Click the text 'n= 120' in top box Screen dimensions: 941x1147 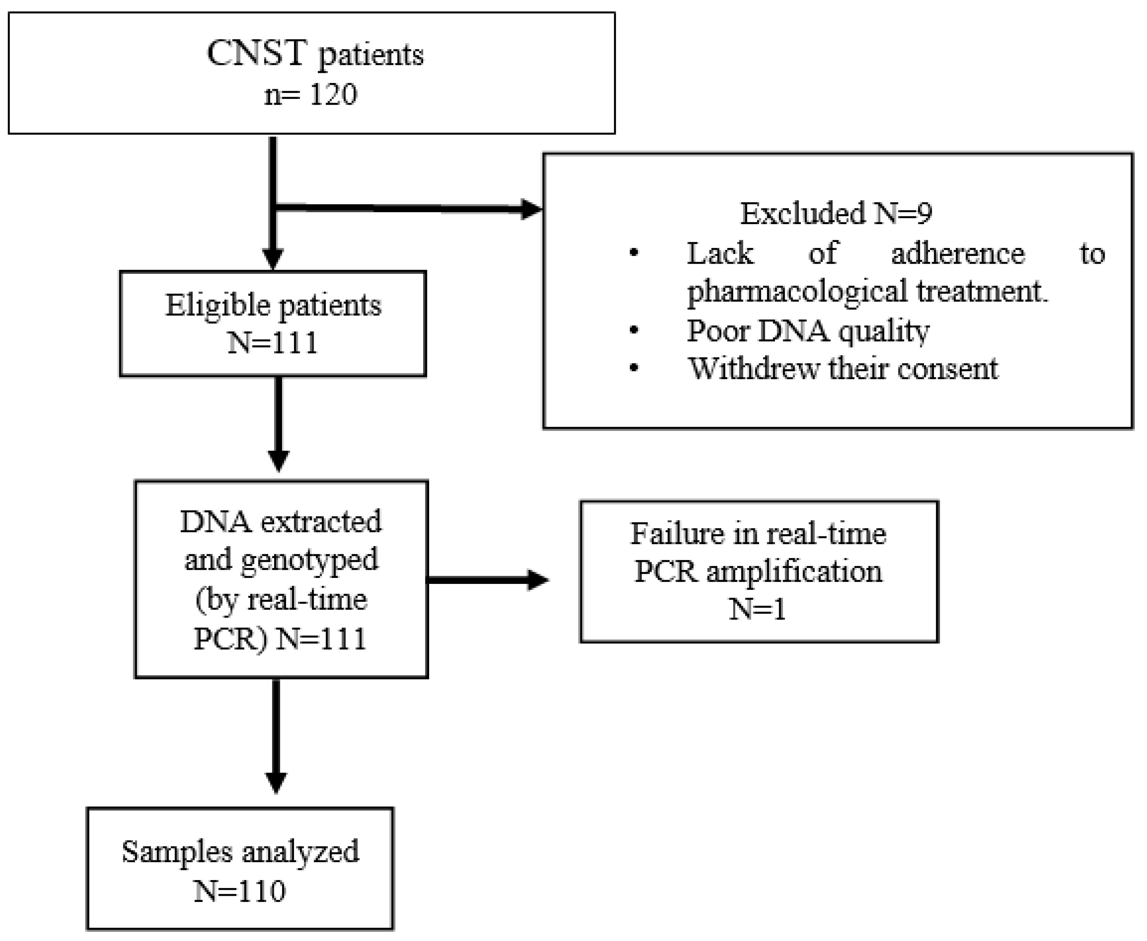point(310,95)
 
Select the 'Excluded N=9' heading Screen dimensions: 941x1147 point(836,213)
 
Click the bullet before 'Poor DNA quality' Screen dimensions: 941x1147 point(634,330)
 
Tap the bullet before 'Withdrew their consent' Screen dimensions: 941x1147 point(634,368)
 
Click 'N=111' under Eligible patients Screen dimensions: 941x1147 point(273,343)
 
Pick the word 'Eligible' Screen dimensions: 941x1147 point(218,305)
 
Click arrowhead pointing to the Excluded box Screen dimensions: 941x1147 point(531,209)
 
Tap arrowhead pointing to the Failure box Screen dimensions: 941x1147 point(537,580)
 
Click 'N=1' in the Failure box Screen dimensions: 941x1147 point(757,609)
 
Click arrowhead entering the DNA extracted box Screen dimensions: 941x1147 point(279,460)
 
